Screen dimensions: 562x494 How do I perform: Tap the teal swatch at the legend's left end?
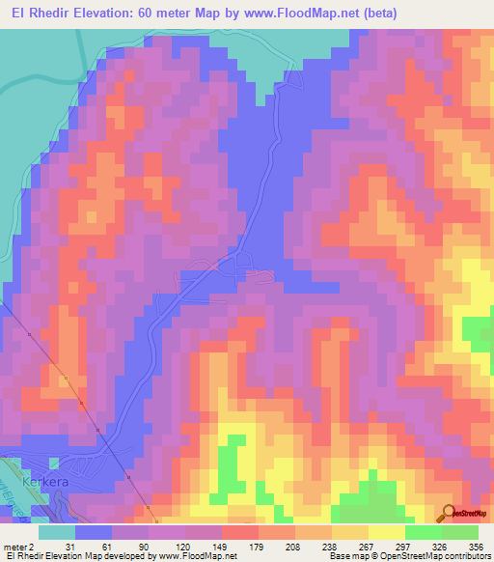coord(57,532)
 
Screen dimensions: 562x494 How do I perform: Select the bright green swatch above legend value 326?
coord(424,532)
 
